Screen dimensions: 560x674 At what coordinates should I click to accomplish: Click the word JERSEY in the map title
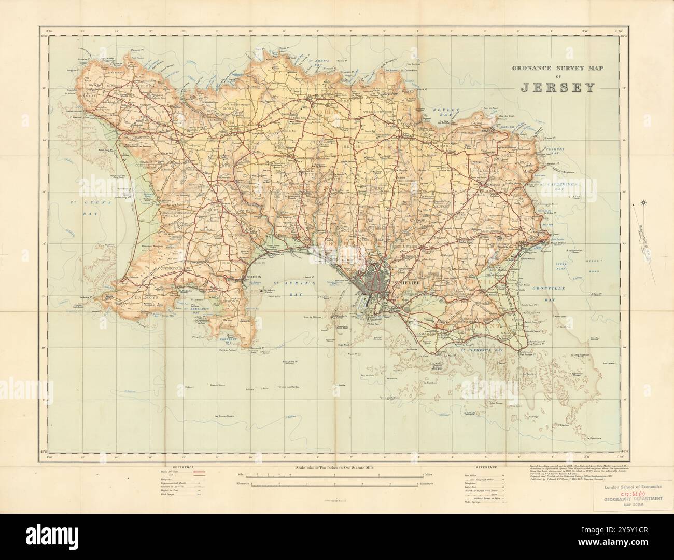tap(557, 87)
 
